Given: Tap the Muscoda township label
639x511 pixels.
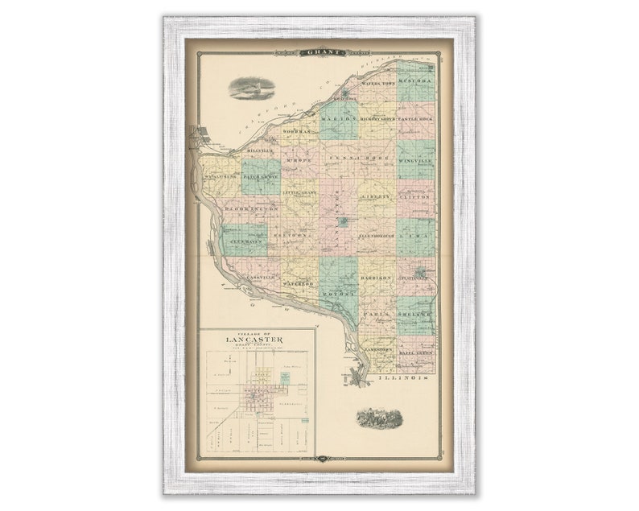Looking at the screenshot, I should (x=417, y=82).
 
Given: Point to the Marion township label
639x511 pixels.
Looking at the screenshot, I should (x=339, y=119).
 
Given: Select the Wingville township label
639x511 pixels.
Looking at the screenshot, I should (x=416, y=161).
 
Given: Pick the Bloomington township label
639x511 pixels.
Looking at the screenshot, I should (x=251, y=208).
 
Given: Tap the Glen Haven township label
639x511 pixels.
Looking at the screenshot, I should (x=244, y=241).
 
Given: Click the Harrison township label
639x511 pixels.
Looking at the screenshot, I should (x=377, y=278).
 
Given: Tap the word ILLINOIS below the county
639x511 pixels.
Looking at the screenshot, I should (x=404, y=377).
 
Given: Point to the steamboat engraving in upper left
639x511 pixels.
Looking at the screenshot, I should (x=252, y=88).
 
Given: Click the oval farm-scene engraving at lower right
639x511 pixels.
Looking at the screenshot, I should (x=380, y=418).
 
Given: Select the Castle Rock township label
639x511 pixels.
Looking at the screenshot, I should (x=416, y=119).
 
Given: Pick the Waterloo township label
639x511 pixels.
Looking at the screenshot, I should (x=299, y=283).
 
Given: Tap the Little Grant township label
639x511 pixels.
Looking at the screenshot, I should (x=299, y=194).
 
